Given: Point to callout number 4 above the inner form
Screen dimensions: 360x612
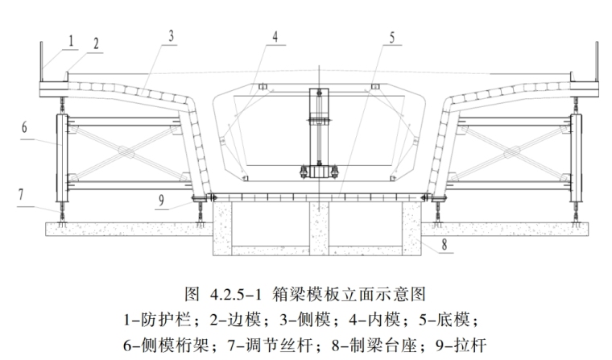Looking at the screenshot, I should tap(275, 37).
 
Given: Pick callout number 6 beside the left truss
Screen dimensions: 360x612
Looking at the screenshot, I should tap(25, 126).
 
